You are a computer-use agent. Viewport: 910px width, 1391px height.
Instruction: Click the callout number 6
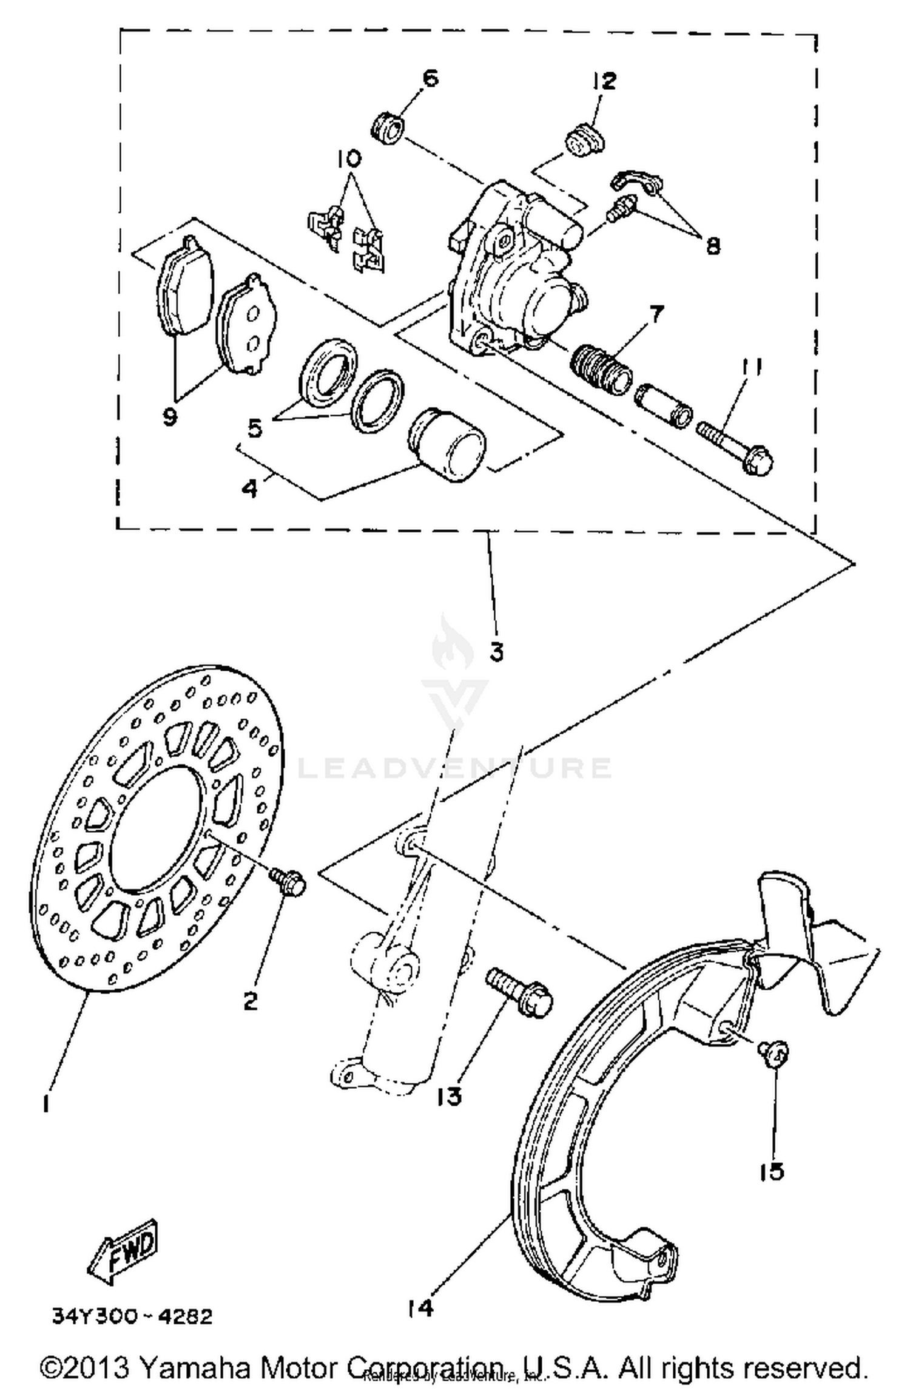click(x=430, y=78)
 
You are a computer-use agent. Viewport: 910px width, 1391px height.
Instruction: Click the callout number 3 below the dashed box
click(x=496, y=652)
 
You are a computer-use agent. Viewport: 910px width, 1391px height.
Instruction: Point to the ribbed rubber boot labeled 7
click(x=602, y=369)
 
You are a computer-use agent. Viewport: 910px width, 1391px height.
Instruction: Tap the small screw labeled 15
click(x=773, y=1054)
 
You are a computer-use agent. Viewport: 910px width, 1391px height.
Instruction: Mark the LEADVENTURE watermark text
click(x=455, y=768)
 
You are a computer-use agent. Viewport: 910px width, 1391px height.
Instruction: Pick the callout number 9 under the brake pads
click(x=170, y=416)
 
